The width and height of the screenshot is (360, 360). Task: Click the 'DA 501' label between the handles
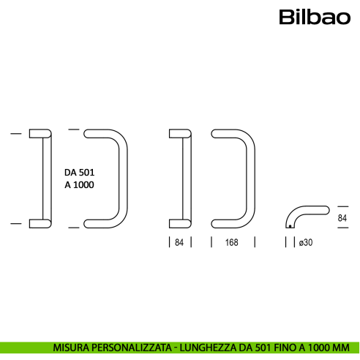tap(80, 172)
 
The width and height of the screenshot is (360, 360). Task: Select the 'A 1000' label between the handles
tap(80, 186)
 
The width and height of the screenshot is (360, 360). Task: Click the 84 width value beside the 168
tap(180, 242)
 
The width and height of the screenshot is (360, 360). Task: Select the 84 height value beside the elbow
tap(342, 218)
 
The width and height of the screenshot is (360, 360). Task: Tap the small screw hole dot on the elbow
tap(290, 227)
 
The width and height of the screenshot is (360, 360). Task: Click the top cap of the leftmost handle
tap(40, 133)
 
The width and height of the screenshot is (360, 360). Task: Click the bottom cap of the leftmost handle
tap(40, 222)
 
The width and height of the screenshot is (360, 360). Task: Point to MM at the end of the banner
tap(342, 348)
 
